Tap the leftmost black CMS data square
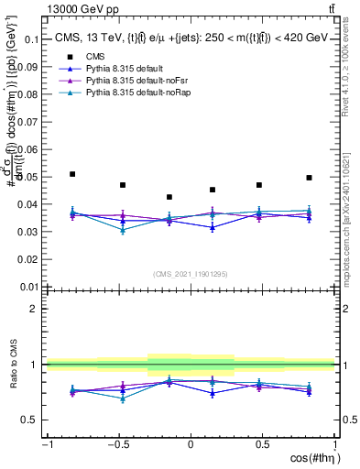(72, 174)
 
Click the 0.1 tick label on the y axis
(30, 40)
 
